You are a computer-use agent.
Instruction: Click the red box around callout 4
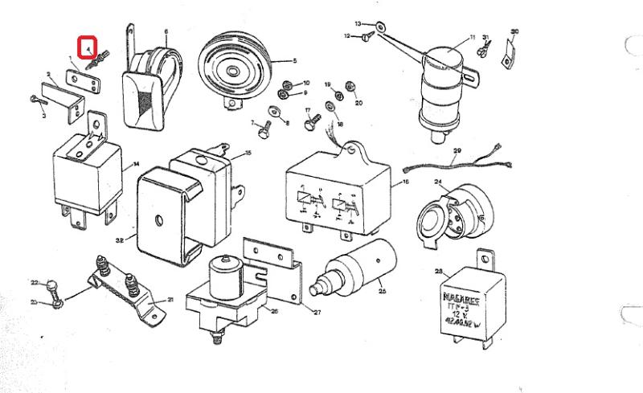[88, 48]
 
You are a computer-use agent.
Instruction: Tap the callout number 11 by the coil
[473, 37]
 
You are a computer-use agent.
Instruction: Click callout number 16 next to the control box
[406, 183]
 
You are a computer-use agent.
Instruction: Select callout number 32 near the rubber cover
[119, 239]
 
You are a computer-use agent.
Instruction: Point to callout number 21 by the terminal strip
[170, 300]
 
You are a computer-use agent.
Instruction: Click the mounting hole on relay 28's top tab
[484, 260]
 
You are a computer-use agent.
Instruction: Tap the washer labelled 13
[380, 27]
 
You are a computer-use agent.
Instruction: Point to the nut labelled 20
[350, 86]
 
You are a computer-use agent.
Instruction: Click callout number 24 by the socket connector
[438, 182]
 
